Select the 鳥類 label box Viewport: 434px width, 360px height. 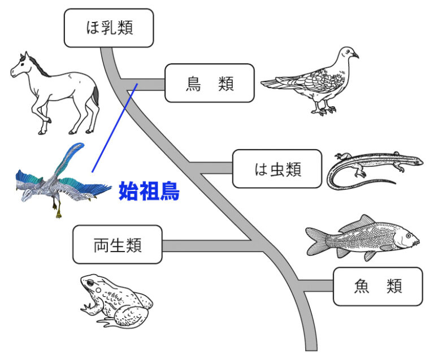pyautogui.click(x=210, y=84)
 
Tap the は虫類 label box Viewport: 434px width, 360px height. pyautogui.click(x=277, y=168)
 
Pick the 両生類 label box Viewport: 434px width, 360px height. pyautogui.click(x=117, y=245)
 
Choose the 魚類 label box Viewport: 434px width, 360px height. pyautogui.click(x=377, y=287)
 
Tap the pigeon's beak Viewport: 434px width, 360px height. pyautogui.click(x=356, y=55)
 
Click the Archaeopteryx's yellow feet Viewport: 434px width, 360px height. pyautogui.click(x=58, y=212)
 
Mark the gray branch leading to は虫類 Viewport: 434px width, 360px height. pyautogui.click(x=212, y=168)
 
